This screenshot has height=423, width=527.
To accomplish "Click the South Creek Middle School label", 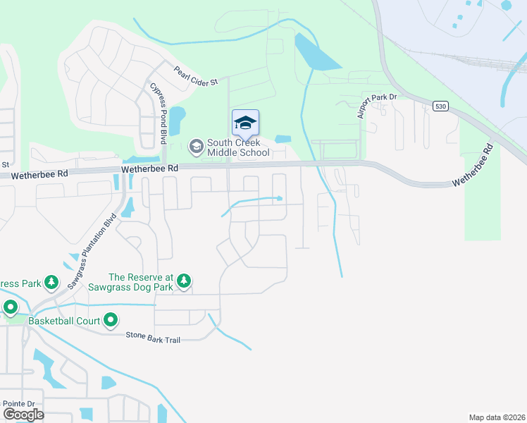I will coord(233,147).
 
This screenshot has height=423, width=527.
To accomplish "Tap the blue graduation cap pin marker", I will coord(245,123).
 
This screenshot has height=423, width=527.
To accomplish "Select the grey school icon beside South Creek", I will coord(196,147).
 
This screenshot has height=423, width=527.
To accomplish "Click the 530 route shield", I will coord(440,106).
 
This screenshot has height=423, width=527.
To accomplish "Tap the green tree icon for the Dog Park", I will coord(184,282).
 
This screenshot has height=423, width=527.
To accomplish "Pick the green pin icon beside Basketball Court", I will coord(111,321).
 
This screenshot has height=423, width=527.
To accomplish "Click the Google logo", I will coord(23,414).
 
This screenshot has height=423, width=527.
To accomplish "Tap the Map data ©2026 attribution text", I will coord(497,417).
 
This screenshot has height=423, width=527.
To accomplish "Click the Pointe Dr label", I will coord(18,403).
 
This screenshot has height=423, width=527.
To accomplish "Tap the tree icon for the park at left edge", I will coord(51,283).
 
